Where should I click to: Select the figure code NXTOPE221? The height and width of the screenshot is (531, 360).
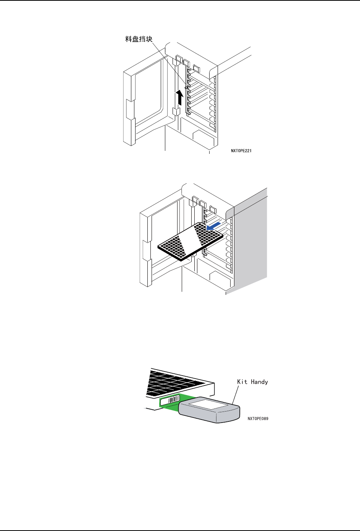tap(241, 151)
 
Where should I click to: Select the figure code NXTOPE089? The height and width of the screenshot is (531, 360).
tap(258, 419)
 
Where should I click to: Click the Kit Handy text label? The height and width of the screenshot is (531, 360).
tap(252, 382)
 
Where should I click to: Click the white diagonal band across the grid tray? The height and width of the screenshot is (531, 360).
tap(190, 240)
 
